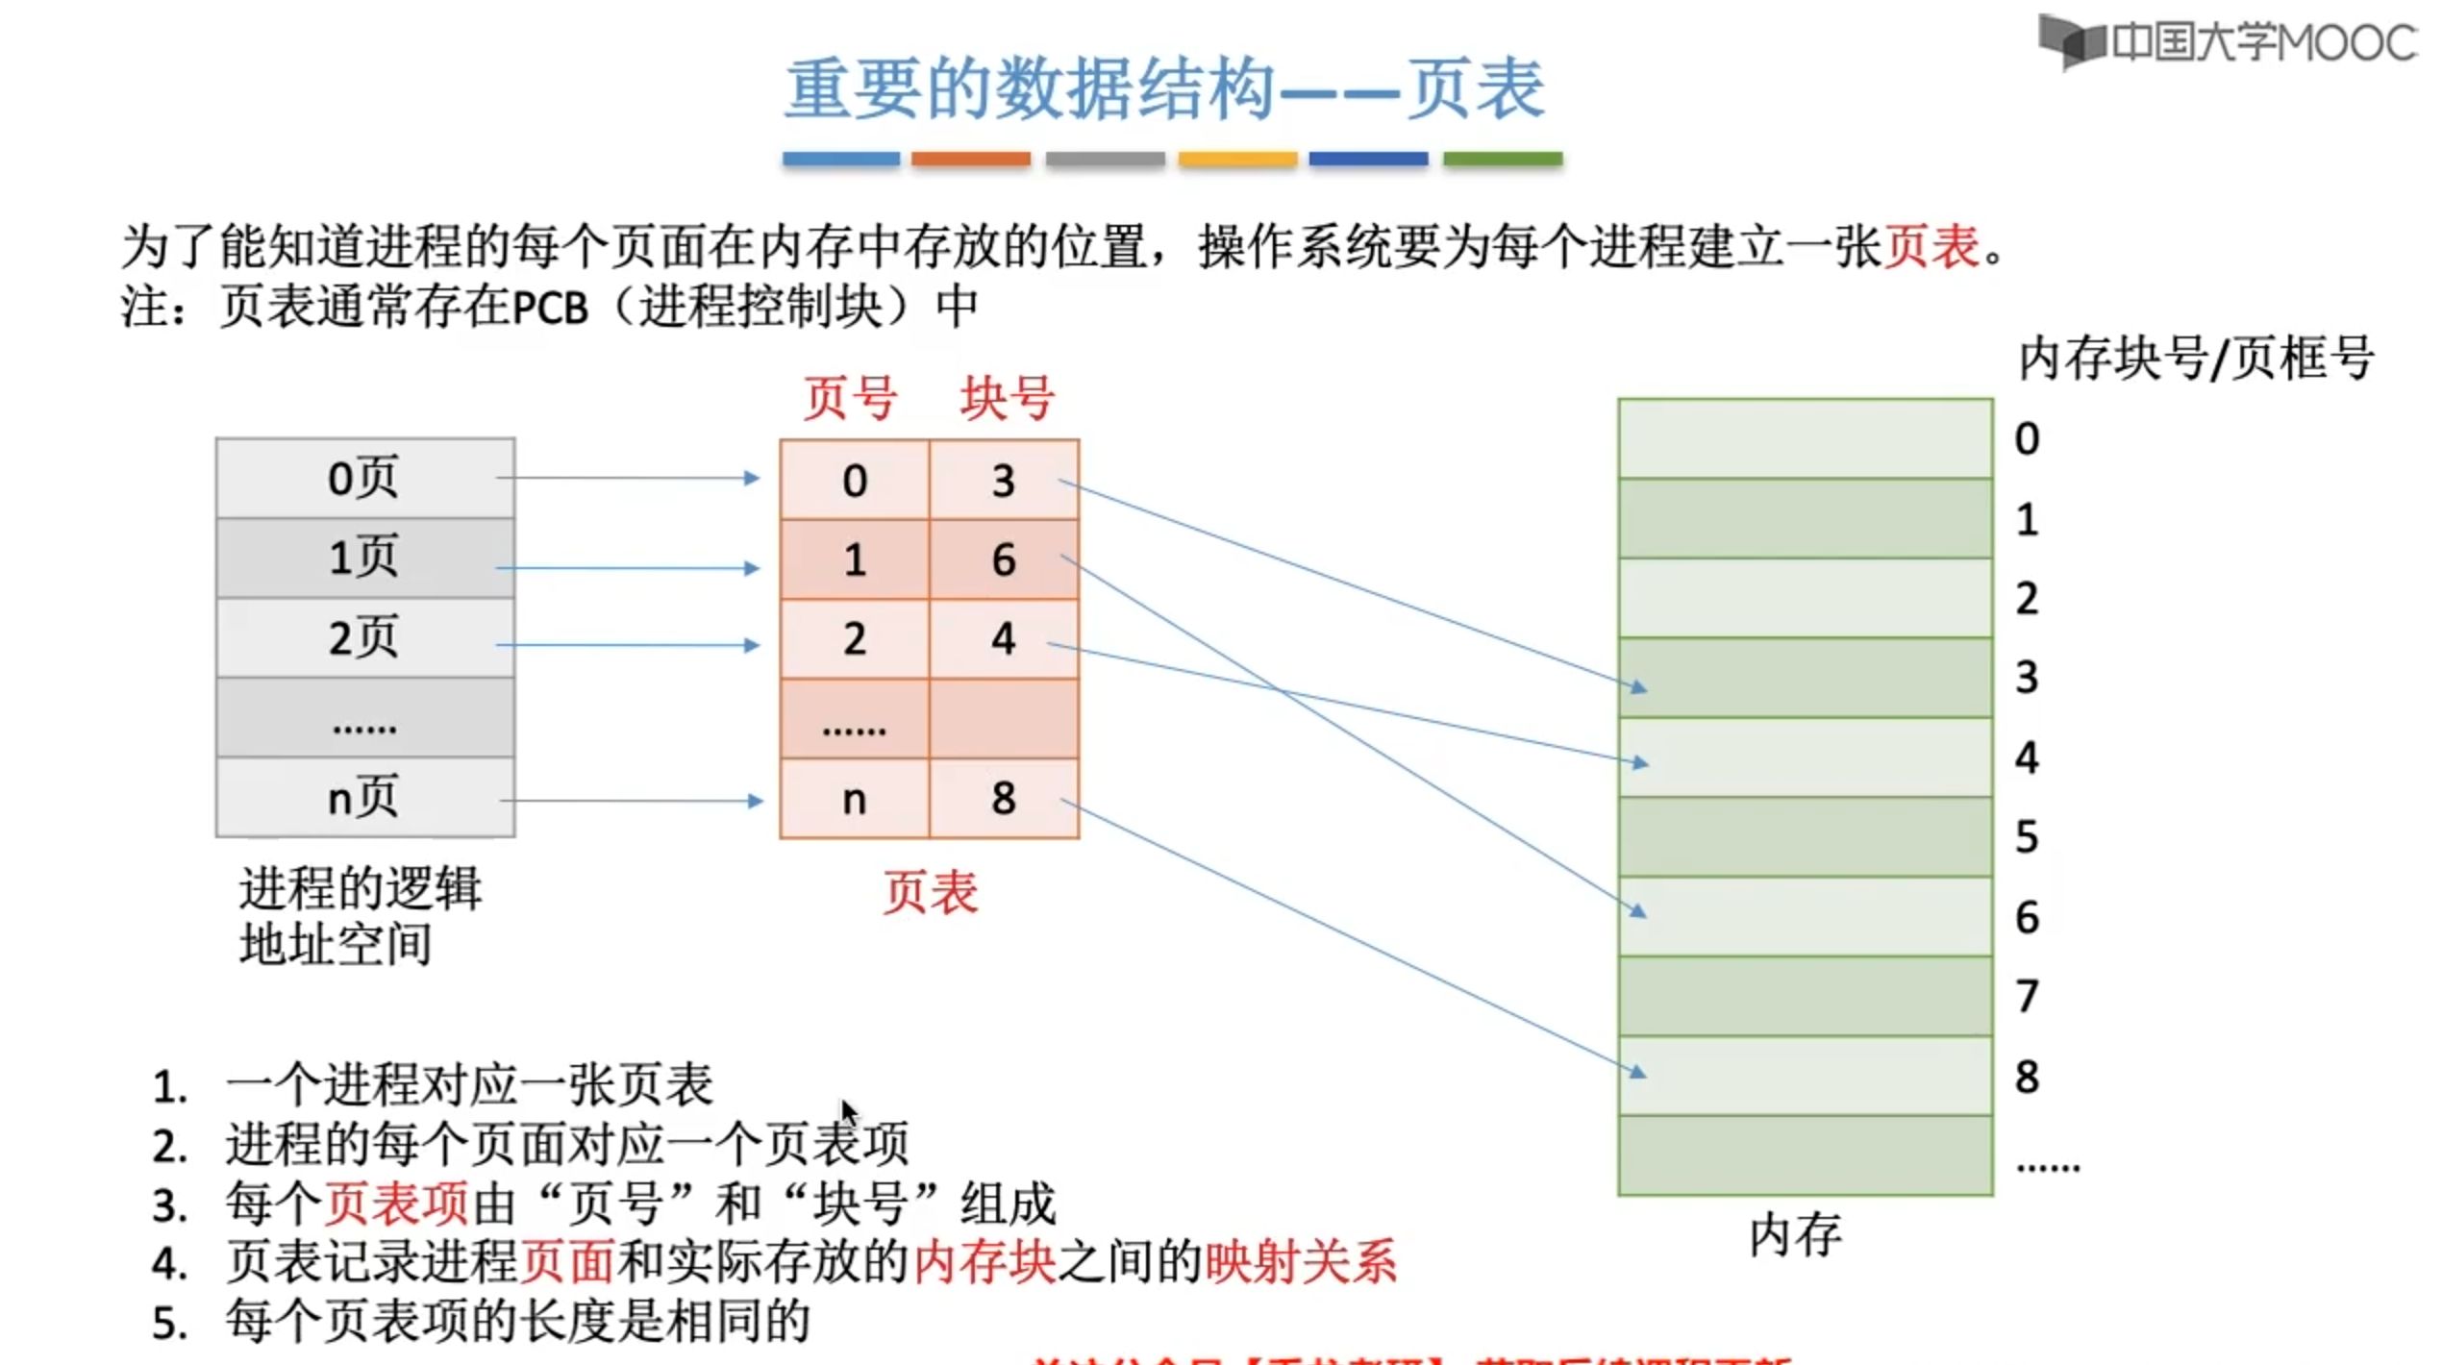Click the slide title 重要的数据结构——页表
tap(1164, 89)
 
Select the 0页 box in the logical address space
tap(364, 478)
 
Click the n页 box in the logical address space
tap(364, 798)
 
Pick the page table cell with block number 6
tap(1004, 559)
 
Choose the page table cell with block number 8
tap(1004, 798)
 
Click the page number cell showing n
tap(854, 798)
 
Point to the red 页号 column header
tap(850, 398)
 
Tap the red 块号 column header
tap(1007, 398)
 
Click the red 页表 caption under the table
tap(930, 892)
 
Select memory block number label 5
tap(2027, 837)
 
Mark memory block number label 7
tap(2027, 997)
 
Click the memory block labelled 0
tap(1805, 438)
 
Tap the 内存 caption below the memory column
tap(1794, 1234)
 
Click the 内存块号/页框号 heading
tap(2195, 359)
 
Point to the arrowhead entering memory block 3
tap(1638, 687)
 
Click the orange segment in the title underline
tap(970, 159)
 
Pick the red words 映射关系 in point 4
tap(1300, 1262)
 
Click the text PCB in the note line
tap(549, 308)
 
